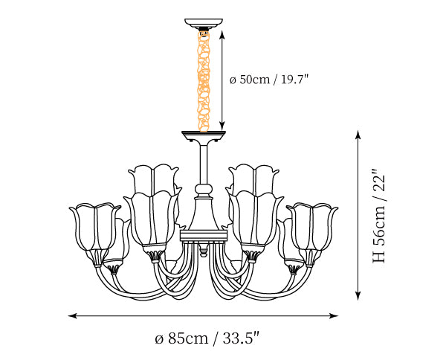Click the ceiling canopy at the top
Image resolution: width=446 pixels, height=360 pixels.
pyautogui.click(x=204, y=23)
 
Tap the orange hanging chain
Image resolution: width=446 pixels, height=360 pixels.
pyautogui.click(x=204, y=81)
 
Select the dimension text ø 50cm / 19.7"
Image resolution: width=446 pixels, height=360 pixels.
pyautogui.click(x=269, y=80)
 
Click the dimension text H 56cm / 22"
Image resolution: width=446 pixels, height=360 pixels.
pyautogui.click(x=379, y=216)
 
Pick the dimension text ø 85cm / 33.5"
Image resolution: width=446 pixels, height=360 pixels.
pyautogui.click(x=207, y=338)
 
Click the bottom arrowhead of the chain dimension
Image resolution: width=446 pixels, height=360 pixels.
pyautogui.click(x=222, y=126)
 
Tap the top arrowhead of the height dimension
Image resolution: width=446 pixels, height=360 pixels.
pyautogui.click(x=358, y=135)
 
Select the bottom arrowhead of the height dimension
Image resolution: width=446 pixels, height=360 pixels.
pyautogui.click(x=358, y=296)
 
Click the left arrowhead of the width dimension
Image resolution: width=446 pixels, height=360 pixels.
pyautogui.click(x=73, y=315)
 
